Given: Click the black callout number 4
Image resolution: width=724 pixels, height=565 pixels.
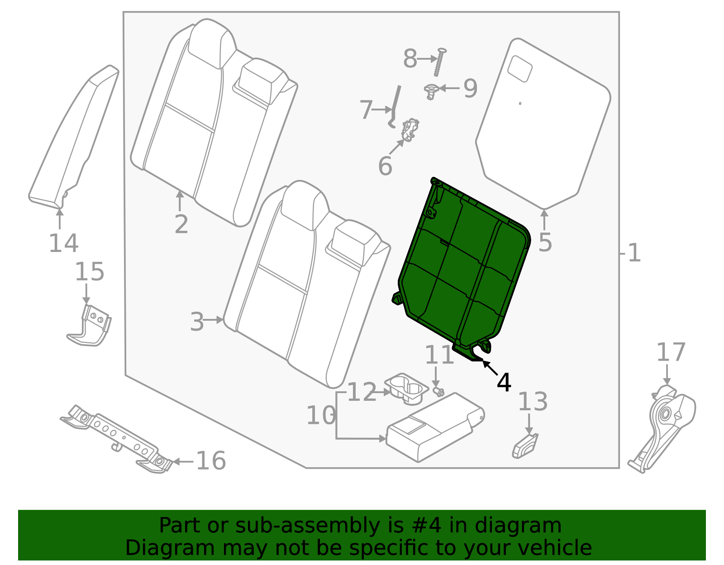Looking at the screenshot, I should (504, 383).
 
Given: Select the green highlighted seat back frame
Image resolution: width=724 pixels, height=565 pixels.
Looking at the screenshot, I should (462, 267).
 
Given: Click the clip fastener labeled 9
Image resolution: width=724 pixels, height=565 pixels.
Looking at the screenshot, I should (431, 91).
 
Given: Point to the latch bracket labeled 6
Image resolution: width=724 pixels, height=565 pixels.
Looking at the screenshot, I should (410, 129).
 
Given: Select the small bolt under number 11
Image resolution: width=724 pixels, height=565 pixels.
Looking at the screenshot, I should (438, 391).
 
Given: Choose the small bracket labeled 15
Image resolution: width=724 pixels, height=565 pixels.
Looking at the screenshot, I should (90, 326).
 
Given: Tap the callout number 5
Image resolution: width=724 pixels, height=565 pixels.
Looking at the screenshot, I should (545, 242).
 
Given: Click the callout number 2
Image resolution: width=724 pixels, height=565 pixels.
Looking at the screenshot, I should (181, 224).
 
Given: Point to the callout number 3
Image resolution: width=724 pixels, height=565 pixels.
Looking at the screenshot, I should (197, 322).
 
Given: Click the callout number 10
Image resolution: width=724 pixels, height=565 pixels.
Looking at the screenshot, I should (321, 415).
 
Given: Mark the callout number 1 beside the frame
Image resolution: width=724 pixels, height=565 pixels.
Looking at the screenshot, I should (634, 253).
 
